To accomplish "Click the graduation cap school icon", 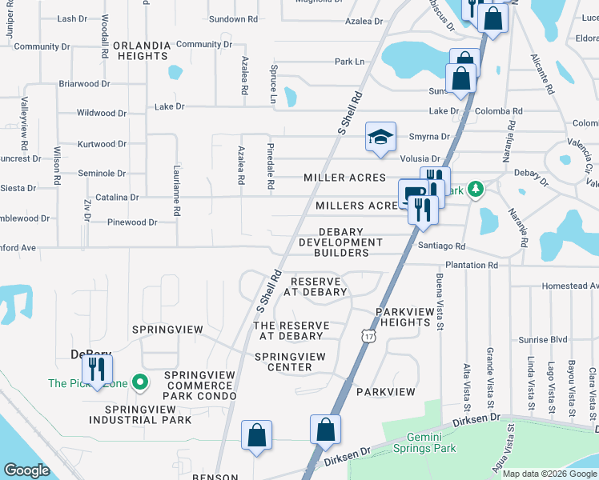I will click(381, 136).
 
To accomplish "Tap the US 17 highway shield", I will click(368, 338).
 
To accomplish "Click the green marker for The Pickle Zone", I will click(140, 382).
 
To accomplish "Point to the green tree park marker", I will click(476, 189).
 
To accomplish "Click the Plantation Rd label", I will click(470, 265).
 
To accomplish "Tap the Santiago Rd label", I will click(441, 248).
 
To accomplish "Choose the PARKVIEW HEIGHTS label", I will click(406, 317).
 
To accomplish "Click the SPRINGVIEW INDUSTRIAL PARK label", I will click(140, 414).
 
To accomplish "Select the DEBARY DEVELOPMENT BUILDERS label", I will click(334, 242).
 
